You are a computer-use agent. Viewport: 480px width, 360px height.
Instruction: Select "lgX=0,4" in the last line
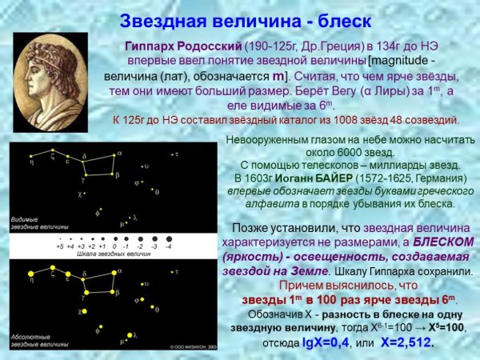click(320, 342)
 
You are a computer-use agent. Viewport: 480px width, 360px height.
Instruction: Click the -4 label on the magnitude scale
click(168, 246)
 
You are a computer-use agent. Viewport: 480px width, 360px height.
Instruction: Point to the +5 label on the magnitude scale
click(59, 246)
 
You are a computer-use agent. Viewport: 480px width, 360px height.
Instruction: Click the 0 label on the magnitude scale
click(114, 246)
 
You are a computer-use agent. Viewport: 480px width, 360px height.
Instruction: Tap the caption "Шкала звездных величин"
click(113, 254)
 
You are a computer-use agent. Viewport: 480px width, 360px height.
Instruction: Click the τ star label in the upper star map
click(178, 154)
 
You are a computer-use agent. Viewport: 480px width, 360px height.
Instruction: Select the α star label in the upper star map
click(119, 151)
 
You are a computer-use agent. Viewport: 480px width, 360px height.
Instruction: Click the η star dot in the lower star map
click(31, 273)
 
